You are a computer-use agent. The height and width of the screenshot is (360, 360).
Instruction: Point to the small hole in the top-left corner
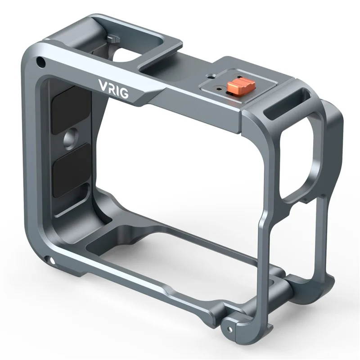41,61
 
